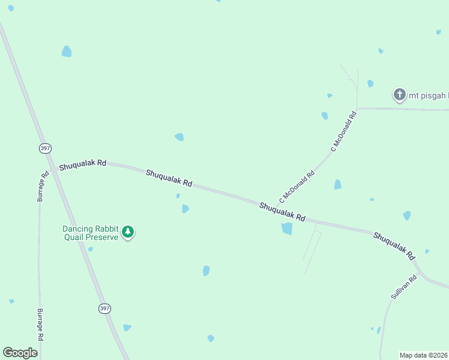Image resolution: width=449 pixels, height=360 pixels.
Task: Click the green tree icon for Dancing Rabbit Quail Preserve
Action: (x=127, y=232)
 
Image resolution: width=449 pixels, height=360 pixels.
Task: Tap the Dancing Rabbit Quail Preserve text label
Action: (x=91, y=232)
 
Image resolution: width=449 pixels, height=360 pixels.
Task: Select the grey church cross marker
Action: (x=399, y=94)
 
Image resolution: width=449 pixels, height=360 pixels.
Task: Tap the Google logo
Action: (x=20, y=353)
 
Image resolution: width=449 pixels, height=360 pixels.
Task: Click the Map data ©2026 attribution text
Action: (x=424, y=355)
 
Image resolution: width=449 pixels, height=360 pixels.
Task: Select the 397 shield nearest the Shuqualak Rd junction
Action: (x=45, y=148)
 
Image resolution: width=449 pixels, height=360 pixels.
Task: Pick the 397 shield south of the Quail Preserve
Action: (x=104, y=308)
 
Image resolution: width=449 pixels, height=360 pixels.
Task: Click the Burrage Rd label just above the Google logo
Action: (x=40, y=325)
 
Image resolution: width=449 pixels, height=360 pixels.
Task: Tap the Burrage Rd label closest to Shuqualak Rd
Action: (x=44, y=187)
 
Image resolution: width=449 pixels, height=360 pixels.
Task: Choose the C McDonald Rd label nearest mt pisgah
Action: (x=344, y=130)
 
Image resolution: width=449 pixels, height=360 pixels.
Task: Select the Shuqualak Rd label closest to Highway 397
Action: (x=82, y=164)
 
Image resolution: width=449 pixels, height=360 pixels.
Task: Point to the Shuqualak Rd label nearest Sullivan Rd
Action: (x=394, y=245)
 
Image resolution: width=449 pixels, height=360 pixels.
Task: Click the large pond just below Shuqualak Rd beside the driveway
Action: (x=287, y=229)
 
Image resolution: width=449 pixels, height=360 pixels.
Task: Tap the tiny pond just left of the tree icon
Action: (x=90, y=249)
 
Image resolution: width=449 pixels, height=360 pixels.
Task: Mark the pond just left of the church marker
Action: (x=370, y=83)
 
